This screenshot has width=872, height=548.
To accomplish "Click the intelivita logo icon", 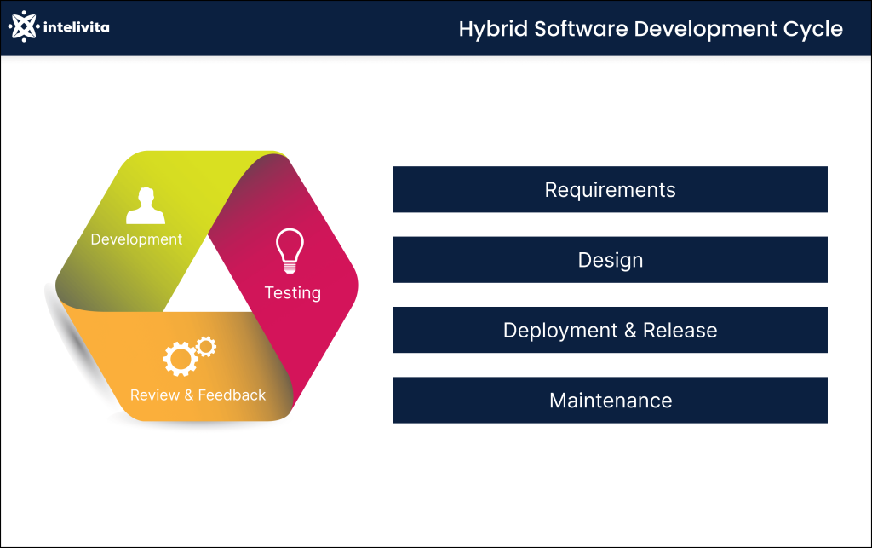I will click(x=24, y=26).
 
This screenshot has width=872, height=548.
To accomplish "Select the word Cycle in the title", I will click(x=813, y=29).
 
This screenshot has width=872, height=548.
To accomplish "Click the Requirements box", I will click(x=610, y=189).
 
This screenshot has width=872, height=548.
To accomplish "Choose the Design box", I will click(x=610, y=260).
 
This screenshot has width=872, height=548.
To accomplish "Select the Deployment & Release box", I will click(x=610, y=330).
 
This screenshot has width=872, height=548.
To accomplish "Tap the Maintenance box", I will click(x=610, y=400).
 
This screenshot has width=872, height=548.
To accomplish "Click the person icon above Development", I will click(x=145, y=206).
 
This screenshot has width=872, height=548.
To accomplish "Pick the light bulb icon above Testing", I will click(x=290, y=250).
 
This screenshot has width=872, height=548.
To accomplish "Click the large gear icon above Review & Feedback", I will click(x=180, y=359).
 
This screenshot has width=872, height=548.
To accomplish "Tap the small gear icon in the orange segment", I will click(x=205, y=345).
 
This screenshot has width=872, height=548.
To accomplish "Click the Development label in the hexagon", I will click(x=136, y=239).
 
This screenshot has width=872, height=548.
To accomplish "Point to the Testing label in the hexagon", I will click(x=292, y=293).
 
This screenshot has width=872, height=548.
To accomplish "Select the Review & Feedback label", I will click(x=198, y=395).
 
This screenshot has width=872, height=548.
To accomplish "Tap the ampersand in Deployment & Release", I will click(x=630, y=331).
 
